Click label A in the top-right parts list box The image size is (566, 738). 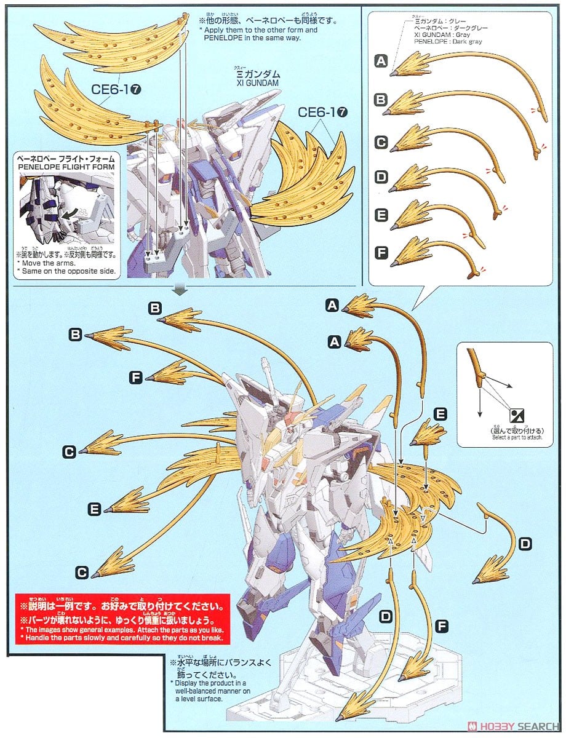tap(381, 60)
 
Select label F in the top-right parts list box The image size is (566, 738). tap(381, 252)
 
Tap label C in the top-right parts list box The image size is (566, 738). tap(381, 143)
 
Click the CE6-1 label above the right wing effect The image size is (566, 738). tap(324, 112)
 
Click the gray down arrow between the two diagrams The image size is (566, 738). tap(180, 288)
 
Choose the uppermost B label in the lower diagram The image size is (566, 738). tap(155, 307)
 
